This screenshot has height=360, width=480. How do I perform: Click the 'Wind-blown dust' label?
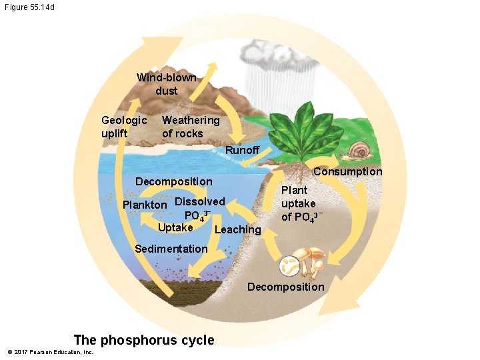(167, 84)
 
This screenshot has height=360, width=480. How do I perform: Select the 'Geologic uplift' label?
(124, 127)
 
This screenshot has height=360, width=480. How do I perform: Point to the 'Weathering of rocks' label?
(191, 127)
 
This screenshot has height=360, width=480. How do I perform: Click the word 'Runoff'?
(242, 150)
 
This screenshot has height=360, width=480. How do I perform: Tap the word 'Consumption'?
(347, 172)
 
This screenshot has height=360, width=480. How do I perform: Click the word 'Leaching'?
(239, 229)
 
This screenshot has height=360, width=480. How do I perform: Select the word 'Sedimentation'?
(171, 249)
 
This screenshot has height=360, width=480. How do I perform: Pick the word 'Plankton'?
(145, 205)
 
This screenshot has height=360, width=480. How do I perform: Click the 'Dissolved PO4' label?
(199, 208)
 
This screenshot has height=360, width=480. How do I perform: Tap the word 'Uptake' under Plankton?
(175, 227)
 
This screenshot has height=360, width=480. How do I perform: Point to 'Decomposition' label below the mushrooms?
(285, 287)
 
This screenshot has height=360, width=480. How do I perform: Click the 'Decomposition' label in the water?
(173, 181)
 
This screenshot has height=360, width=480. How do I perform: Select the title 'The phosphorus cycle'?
(144, 340)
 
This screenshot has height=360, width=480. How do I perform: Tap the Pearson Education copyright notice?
(50, 352)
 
